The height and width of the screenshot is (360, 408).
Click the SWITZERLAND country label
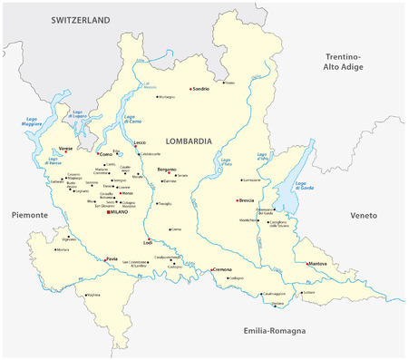[x=80, y=18]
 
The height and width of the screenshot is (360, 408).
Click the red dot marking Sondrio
[x=190, y=89]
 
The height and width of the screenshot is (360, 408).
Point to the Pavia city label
[x=113, y=259]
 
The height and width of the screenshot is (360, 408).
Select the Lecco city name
[x=139, y=142]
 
